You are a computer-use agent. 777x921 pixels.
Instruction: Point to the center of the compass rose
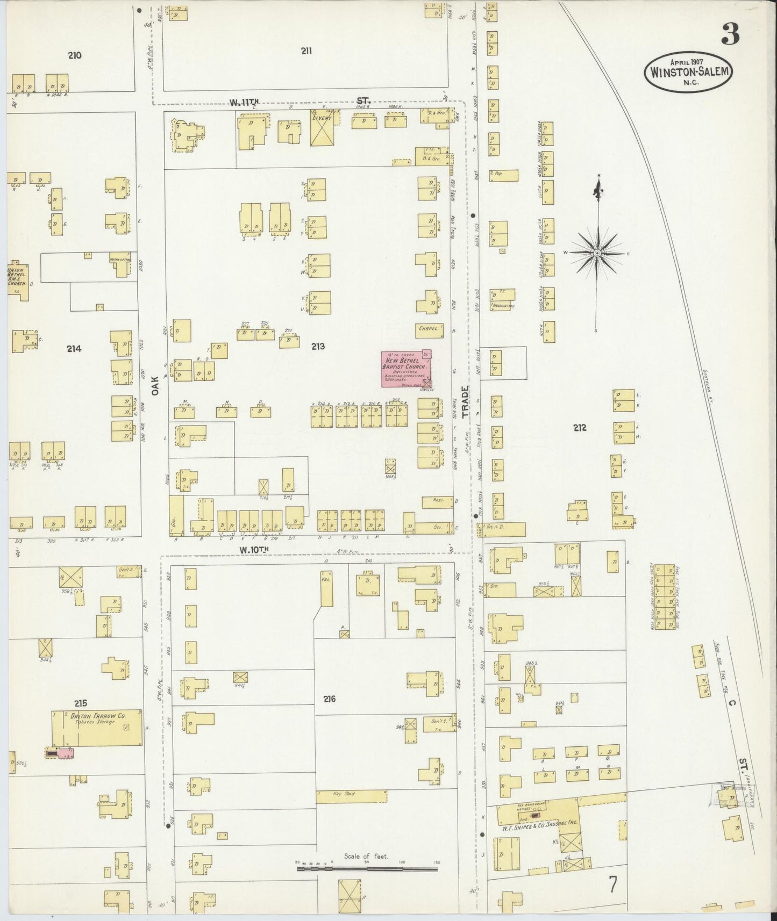pos(597,253)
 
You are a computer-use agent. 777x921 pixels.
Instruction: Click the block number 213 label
pos(318,347)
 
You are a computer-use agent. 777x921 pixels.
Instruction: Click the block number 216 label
pos(330,699)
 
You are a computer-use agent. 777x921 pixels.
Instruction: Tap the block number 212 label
pos(580,428)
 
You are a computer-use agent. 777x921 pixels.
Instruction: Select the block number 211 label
pos(306,51)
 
